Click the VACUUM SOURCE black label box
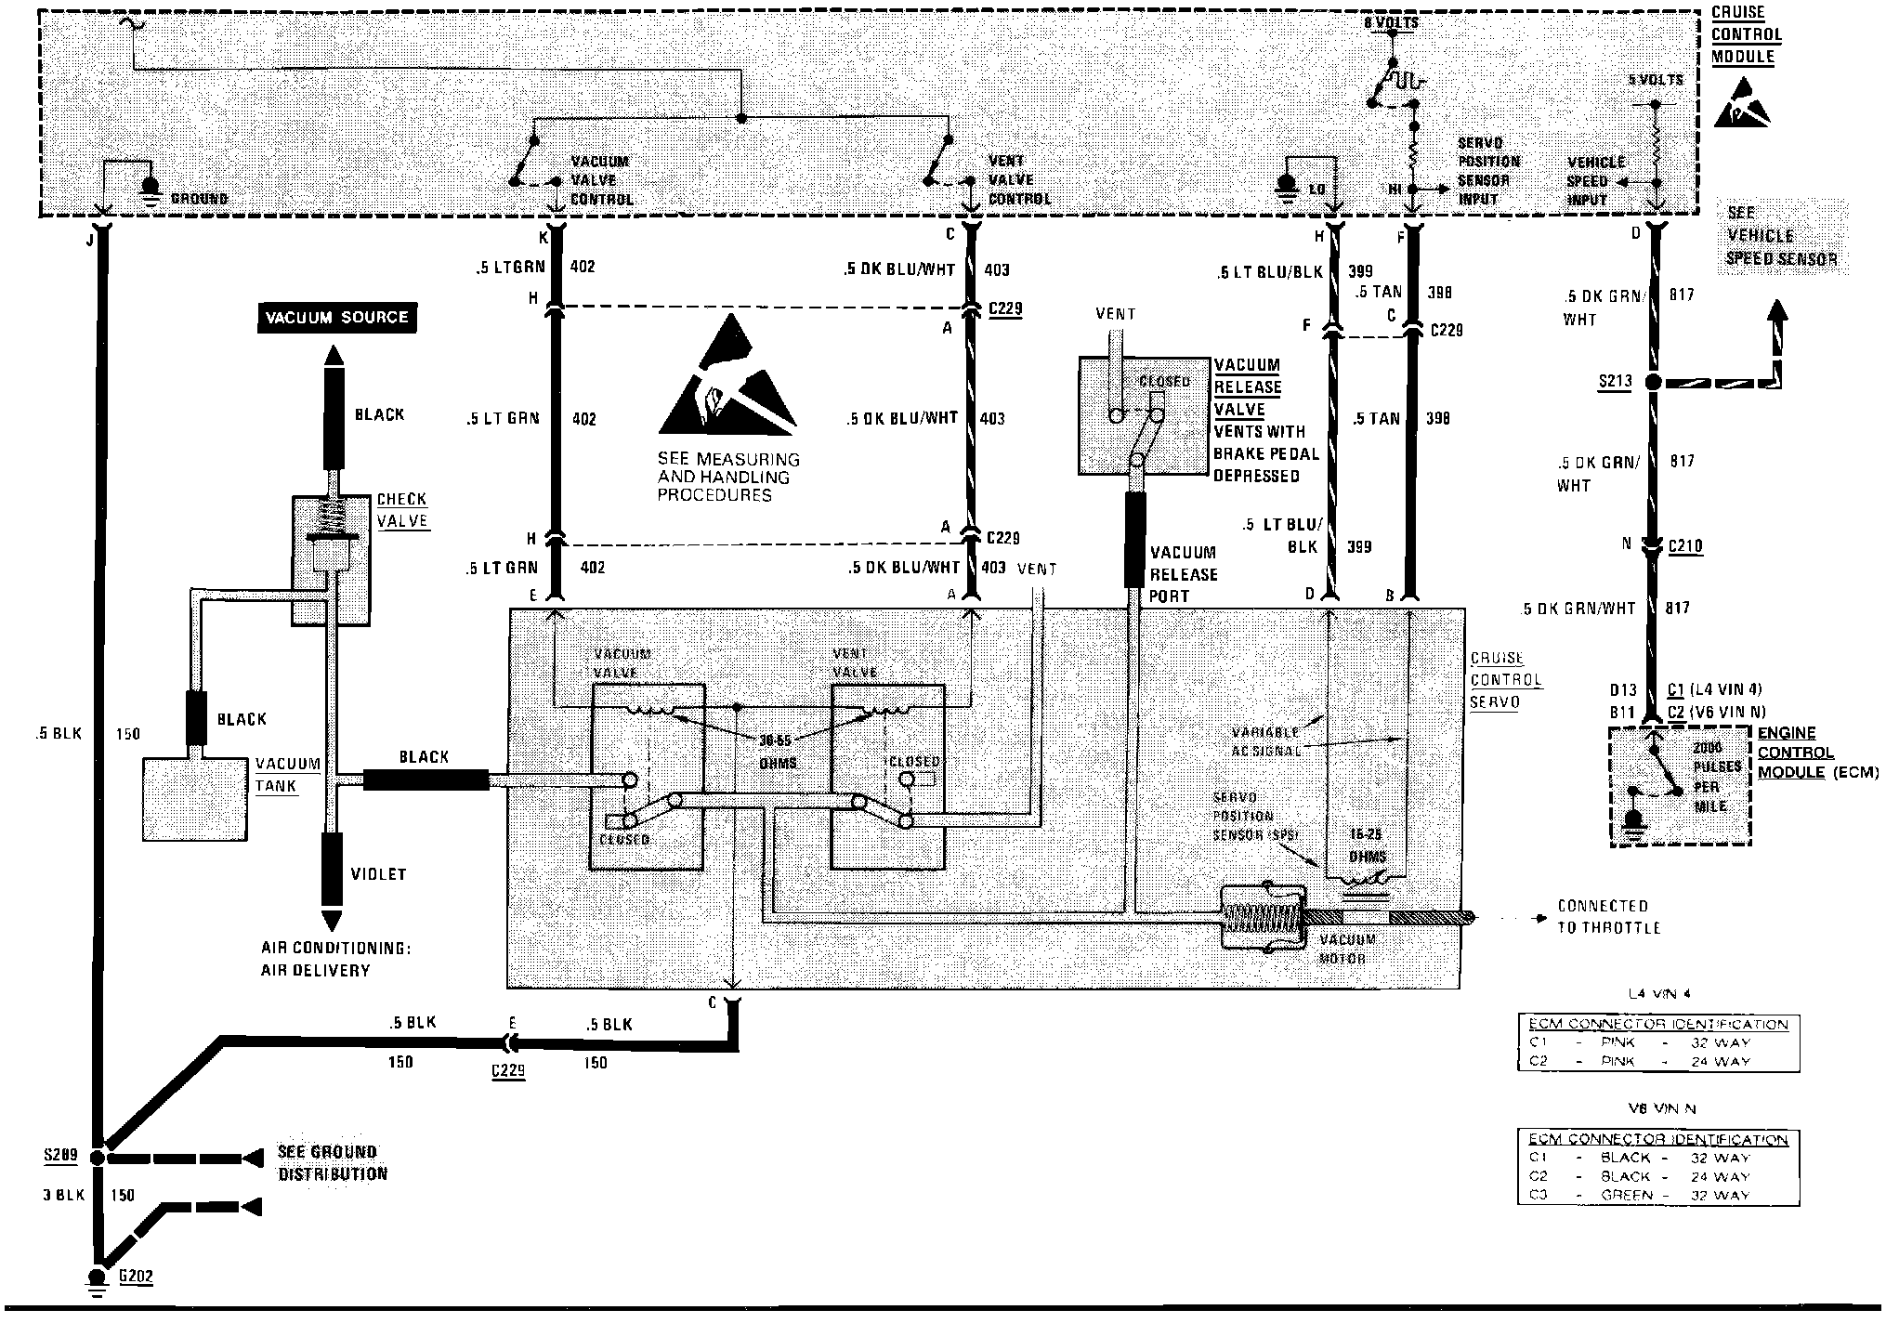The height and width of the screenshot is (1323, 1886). pos(336,318)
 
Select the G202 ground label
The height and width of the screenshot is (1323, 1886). pos(136,1277)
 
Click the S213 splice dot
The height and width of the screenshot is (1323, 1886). pos(1653,382)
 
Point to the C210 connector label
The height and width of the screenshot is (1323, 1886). pos(1685,546)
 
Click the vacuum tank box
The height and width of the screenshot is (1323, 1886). pos(195,799)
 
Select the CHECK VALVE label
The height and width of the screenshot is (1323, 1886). pos(402,510)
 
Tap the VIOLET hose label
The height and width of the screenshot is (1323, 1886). pos(378,874)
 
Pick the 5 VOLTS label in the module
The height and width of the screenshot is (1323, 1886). pos(1657,81)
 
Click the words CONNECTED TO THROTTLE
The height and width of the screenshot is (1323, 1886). pos(1608,916)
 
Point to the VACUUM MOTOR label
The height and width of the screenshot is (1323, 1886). pos(1346,949)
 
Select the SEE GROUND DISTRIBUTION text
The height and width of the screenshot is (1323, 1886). pos(332,1163)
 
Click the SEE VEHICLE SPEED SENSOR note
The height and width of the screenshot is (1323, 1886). pos(1781,237)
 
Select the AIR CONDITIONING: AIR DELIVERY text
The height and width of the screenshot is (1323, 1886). pos(335,960)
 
